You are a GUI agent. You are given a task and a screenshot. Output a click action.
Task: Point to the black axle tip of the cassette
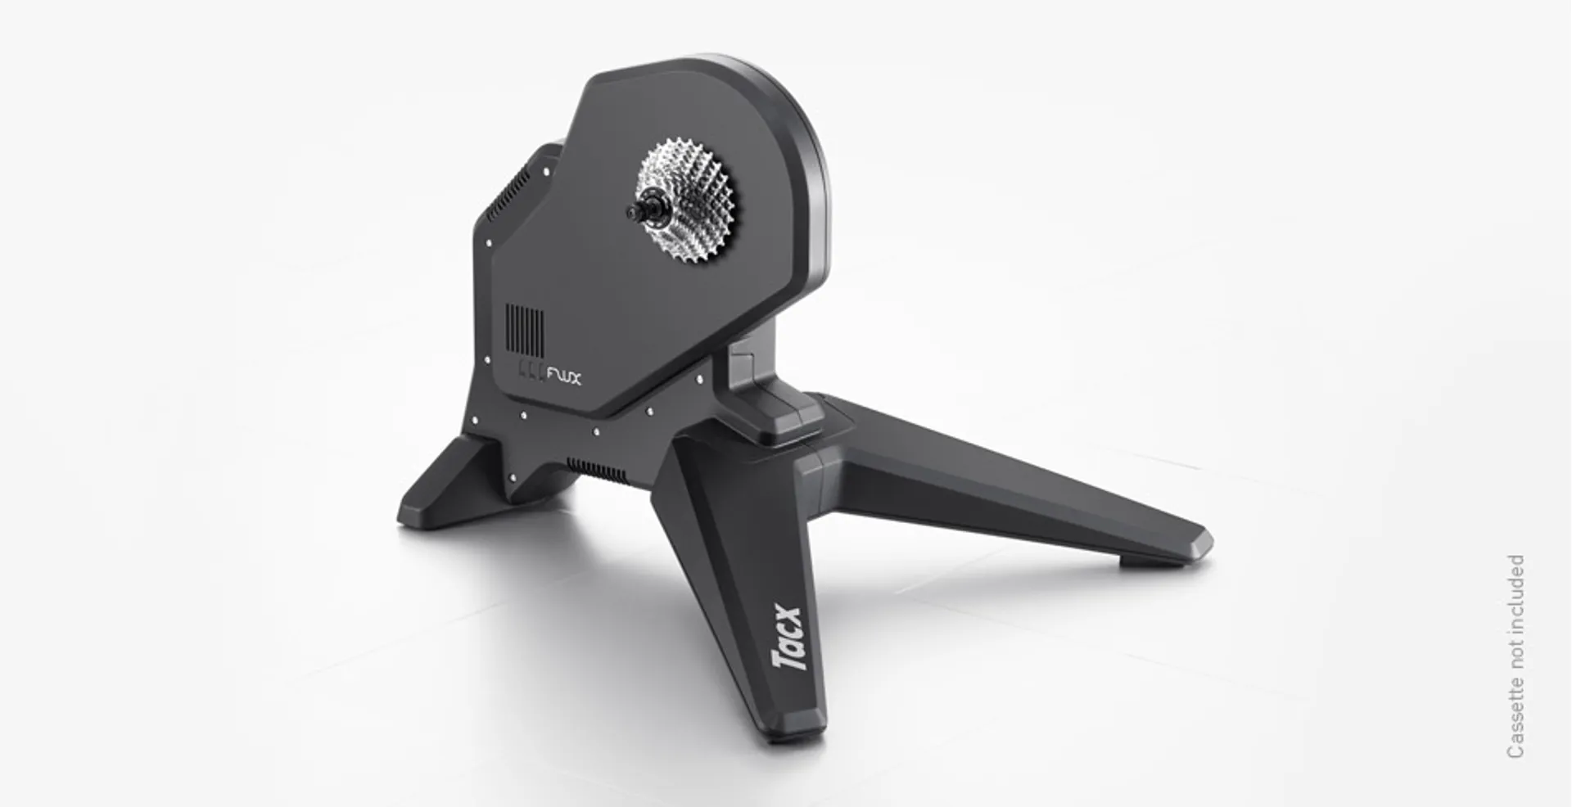click(633, 211)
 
